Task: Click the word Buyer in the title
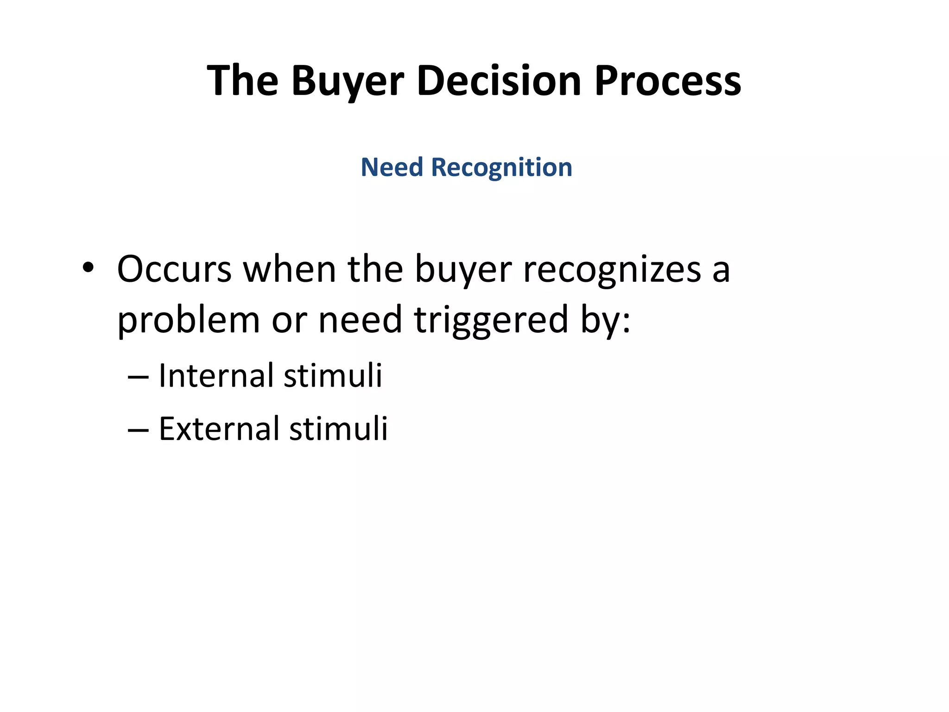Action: click(x=348, y=82)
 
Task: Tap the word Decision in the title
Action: click(x=499, y=82)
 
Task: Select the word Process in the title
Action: click(x=667, y=82)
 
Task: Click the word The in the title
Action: click(x=242, y=82)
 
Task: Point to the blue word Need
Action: click(x=392, y=167)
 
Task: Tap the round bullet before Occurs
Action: click(x=88, y=268)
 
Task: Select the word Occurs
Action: click(x=174, y=269)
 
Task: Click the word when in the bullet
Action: click(x=289, y=269)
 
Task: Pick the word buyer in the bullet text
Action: click(x=463, y=270)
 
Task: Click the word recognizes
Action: click(x=612, y=270)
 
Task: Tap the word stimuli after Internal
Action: click(x=333, y=375)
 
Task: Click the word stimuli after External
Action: click(x=338, y=429)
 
